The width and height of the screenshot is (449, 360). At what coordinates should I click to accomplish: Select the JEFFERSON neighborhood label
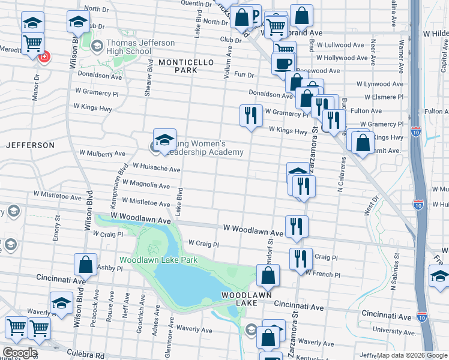(30, 145)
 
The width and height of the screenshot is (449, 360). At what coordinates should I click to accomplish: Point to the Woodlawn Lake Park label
(158, 260)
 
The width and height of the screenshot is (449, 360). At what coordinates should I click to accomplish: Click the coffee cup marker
(283, 64)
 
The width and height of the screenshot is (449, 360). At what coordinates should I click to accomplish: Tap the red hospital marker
(44, 57)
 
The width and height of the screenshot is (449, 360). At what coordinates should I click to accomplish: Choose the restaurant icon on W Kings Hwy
(251, 116)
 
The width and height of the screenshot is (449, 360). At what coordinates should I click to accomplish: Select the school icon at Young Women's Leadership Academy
(164, 140)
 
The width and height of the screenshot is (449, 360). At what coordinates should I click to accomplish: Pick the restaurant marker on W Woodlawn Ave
(297, 226)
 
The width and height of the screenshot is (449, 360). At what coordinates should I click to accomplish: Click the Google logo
(19, 353)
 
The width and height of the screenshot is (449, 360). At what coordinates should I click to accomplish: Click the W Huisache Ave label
(156, 169)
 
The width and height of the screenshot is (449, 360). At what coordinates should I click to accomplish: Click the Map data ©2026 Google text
(412, 355)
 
